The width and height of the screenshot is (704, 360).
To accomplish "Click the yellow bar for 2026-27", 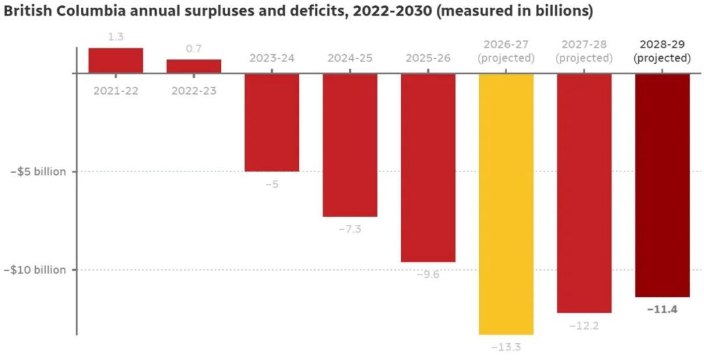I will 506,203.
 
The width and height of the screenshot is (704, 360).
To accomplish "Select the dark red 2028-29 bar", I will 662,185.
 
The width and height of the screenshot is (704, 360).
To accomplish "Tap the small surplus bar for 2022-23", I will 194,67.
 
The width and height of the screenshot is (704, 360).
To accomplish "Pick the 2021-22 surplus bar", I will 115,61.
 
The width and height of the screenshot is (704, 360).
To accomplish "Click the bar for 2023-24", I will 272,123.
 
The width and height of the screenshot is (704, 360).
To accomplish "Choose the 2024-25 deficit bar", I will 350,145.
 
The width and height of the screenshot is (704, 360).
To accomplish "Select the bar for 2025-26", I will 428,168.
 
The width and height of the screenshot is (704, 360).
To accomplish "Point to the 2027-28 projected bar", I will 584,193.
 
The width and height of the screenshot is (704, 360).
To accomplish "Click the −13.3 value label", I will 506,347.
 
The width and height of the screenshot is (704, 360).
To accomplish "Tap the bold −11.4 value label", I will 662,309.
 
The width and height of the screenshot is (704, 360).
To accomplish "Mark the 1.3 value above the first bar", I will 115,37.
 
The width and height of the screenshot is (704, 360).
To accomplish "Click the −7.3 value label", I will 350,229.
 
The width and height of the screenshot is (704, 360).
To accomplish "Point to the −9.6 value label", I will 428,275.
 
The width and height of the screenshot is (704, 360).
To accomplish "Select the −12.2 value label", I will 584,325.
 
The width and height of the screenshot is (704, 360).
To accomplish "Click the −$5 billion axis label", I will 38,172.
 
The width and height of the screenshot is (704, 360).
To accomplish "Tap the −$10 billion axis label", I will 38,270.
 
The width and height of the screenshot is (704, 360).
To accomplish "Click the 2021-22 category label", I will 115,91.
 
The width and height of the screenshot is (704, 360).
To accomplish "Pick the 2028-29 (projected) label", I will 662,52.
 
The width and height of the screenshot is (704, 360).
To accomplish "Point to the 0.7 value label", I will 194,49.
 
